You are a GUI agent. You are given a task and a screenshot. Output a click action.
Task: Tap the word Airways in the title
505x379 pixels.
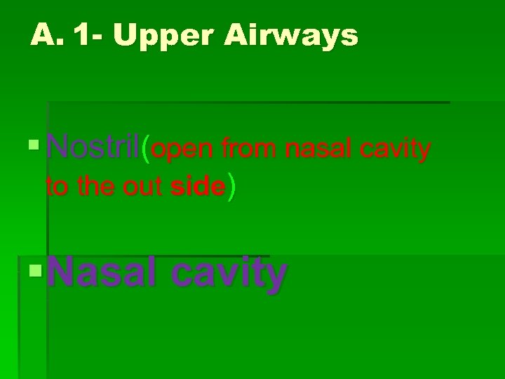(291, 35)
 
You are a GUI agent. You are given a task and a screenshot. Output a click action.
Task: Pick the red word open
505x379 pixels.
(184, 149)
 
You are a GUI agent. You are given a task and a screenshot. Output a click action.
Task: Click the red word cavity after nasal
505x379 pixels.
(396, 149)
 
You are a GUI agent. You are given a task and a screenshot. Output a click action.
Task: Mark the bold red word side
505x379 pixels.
(198, 187)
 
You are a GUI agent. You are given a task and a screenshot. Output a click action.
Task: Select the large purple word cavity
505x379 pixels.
(229, 274)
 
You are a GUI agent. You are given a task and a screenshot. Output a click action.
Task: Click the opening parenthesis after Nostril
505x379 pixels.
(145, 149)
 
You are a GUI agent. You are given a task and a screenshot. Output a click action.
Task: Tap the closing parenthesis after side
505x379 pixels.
(232, 187)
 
